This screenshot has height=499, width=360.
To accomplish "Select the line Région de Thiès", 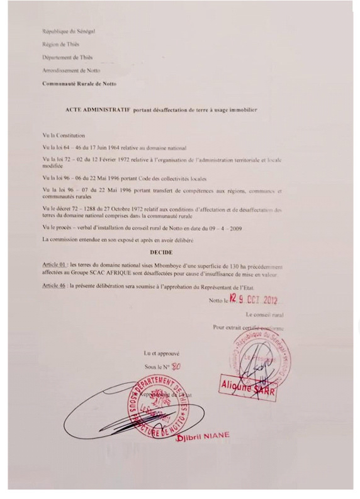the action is [x=61, y=44].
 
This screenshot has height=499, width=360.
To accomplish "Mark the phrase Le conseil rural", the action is [x=264, y=313].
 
